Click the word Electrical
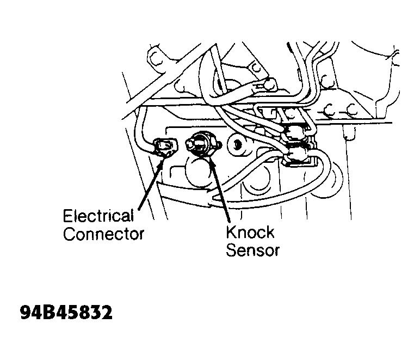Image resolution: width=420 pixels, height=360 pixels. (x=98, y=216)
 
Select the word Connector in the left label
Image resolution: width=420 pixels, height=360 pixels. (x=104, y=234)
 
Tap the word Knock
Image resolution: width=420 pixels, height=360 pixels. (x=250, y=232)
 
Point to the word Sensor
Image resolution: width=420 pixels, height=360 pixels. (x=252, y=251)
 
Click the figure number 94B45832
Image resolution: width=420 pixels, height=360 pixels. (x=66, y=312)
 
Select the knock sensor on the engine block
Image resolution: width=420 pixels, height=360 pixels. (x=202, y=144)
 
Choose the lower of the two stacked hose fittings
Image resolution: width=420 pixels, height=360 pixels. (x=297, y=154)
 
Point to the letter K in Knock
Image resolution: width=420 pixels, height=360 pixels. (x=232, y=232)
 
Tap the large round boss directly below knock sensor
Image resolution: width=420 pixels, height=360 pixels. (x=198, y=172)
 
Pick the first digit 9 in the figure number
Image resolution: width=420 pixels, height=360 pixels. (x=26, y=312)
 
